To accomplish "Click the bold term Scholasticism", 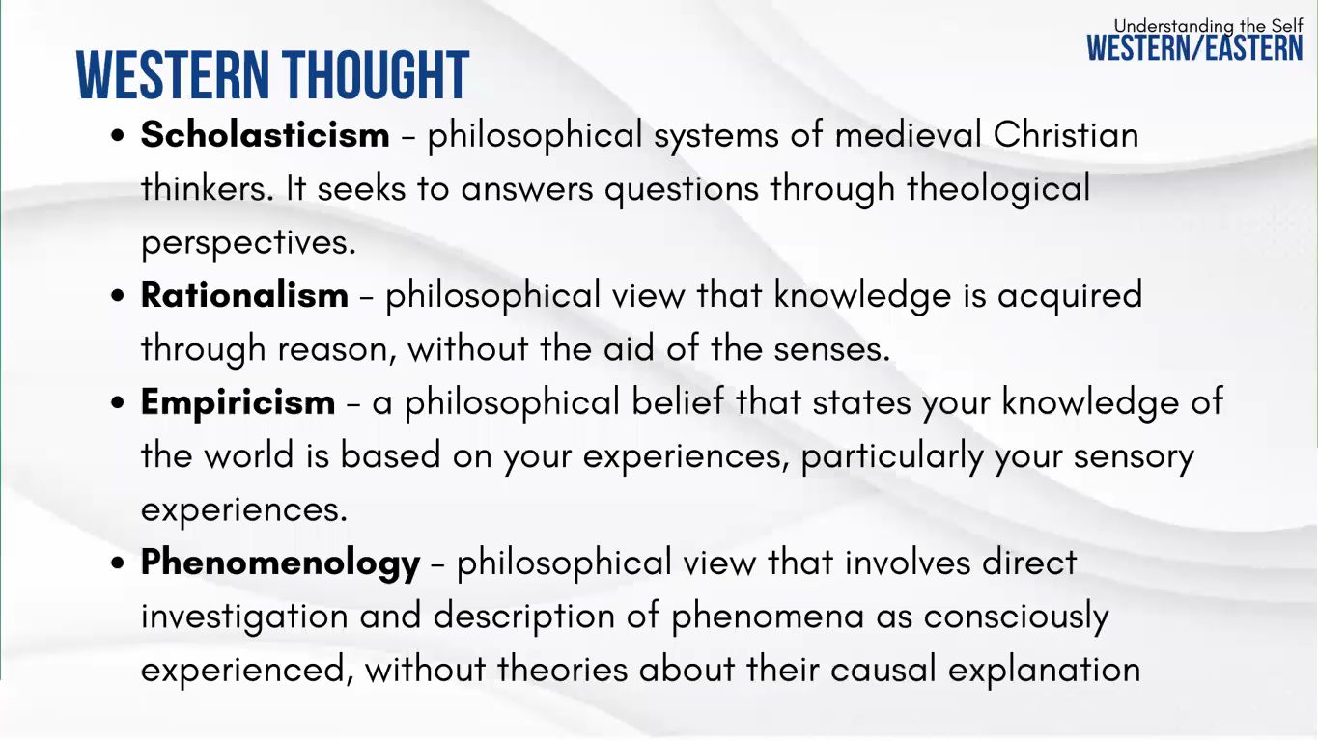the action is [x=265, y=134].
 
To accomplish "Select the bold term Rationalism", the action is [x=244, y=294].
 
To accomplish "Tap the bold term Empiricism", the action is [x=238, y=404].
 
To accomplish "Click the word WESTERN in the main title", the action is [x=173, y=74].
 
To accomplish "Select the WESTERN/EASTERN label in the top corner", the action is [x=1194, y=47].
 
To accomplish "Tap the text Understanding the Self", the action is [x=1209, y=26].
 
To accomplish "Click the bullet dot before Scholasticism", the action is [x=118, y=135].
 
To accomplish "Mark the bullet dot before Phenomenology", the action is [x=118, y=563].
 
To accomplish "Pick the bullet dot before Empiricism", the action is [x=118, y=403].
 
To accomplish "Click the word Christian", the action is [x=1066, y=134].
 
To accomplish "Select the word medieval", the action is [x=908, y=134].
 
